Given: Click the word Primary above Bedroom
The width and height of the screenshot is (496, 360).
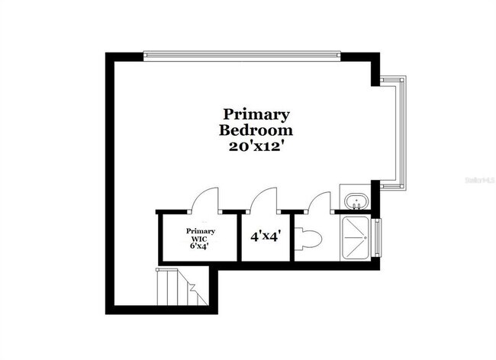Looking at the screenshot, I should tap(255, 115).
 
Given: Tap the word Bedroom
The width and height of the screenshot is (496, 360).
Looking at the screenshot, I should tap(255, 130).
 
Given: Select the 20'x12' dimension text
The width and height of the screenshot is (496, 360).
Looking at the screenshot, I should tap(255, 146).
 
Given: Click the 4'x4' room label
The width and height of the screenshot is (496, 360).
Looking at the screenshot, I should tap(263, 236).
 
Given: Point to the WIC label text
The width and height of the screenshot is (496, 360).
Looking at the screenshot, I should tap(201, 239).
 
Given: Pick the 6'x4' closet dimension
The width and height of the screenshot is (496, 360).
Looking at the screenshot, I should tap(201, 246).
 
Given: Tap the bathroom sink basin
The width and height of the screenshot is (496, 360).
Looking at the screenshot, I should tap(355, 203).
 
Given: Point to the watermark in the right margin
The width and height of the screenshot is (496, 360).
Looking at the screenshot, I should tap(478, 179).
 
